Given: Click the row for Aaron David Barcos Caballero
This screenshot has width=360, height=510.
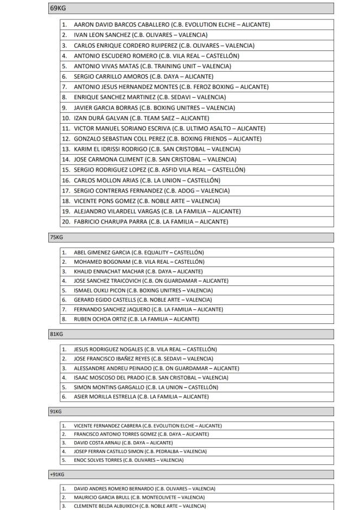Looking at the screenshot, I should pos(172,24).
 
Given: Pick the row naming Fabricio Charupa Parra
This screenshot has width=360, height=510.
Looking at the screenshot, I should pos(151,221).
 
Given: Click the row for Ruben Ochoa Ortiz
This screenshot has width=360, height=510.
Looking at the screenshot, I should pos(136,319).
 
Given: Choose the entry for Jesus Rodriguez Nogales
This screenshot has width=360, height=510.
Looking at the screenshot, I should pos(146,349).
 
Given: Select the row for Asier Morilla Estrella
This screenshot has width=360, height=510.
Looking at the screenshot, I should pos(141,397).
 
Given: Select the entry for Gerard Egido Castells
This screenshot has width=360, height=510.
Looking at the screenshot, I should pos(143,299).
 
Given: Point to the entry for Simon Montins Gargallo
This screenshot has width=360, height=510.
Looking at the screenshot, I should pos(146,387).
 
